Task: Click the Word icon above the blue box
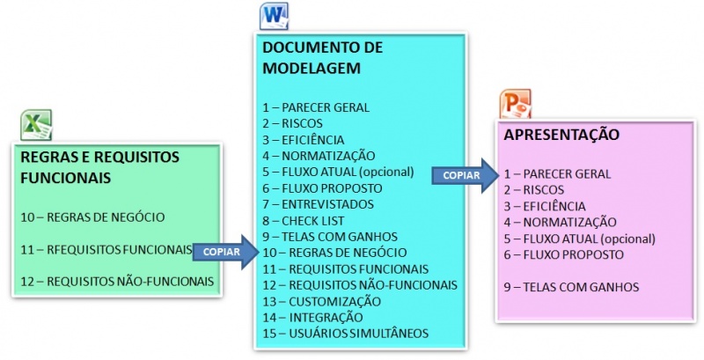click(x=274, y=16)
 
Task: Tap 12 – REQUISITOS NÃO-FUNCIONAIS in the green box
click(x=116, y=281)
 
